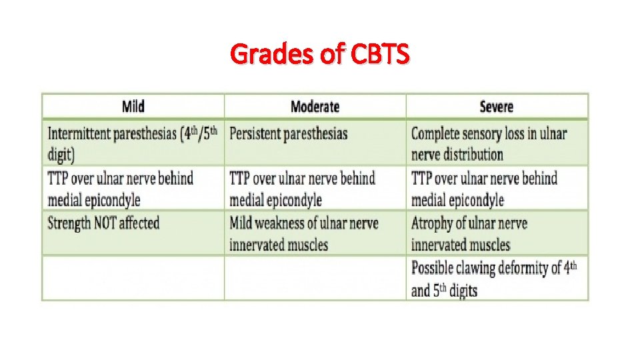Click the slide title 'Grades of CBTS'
point(320,53)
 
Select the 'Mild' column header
point(133,107)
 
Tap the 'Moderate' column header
point(315,107)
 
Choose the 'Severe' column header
point(497,107)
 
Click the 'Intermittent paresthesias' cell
point(133,143)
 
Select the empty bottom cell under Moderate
point(315,279)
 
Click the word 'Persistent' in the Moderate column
point(255,134)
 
